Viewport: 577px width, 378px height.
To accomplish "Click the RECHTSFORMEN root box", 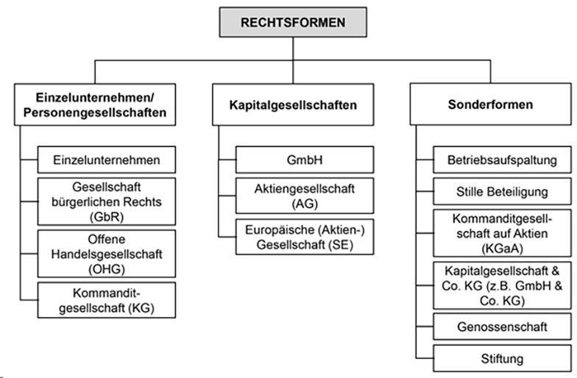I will pos(293,22).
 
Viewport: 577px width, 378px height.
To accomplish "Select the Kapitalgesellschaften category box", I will pos(293,104).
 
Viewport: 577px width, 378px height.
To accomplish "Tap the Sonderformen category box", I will pos(490,104).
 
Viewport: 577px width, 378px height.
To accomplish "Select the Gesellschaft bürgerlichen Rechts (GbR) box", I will pos(107,200).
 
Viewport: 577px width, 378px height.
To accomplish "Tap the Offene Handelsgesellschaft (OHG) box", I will pos(107,254).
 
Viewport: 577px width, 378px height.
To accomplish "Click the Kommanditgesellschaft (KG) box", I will pos(107,299).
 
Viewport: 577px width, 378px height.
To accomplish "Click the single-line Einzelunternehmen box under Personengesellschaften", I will pos(107,159).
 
